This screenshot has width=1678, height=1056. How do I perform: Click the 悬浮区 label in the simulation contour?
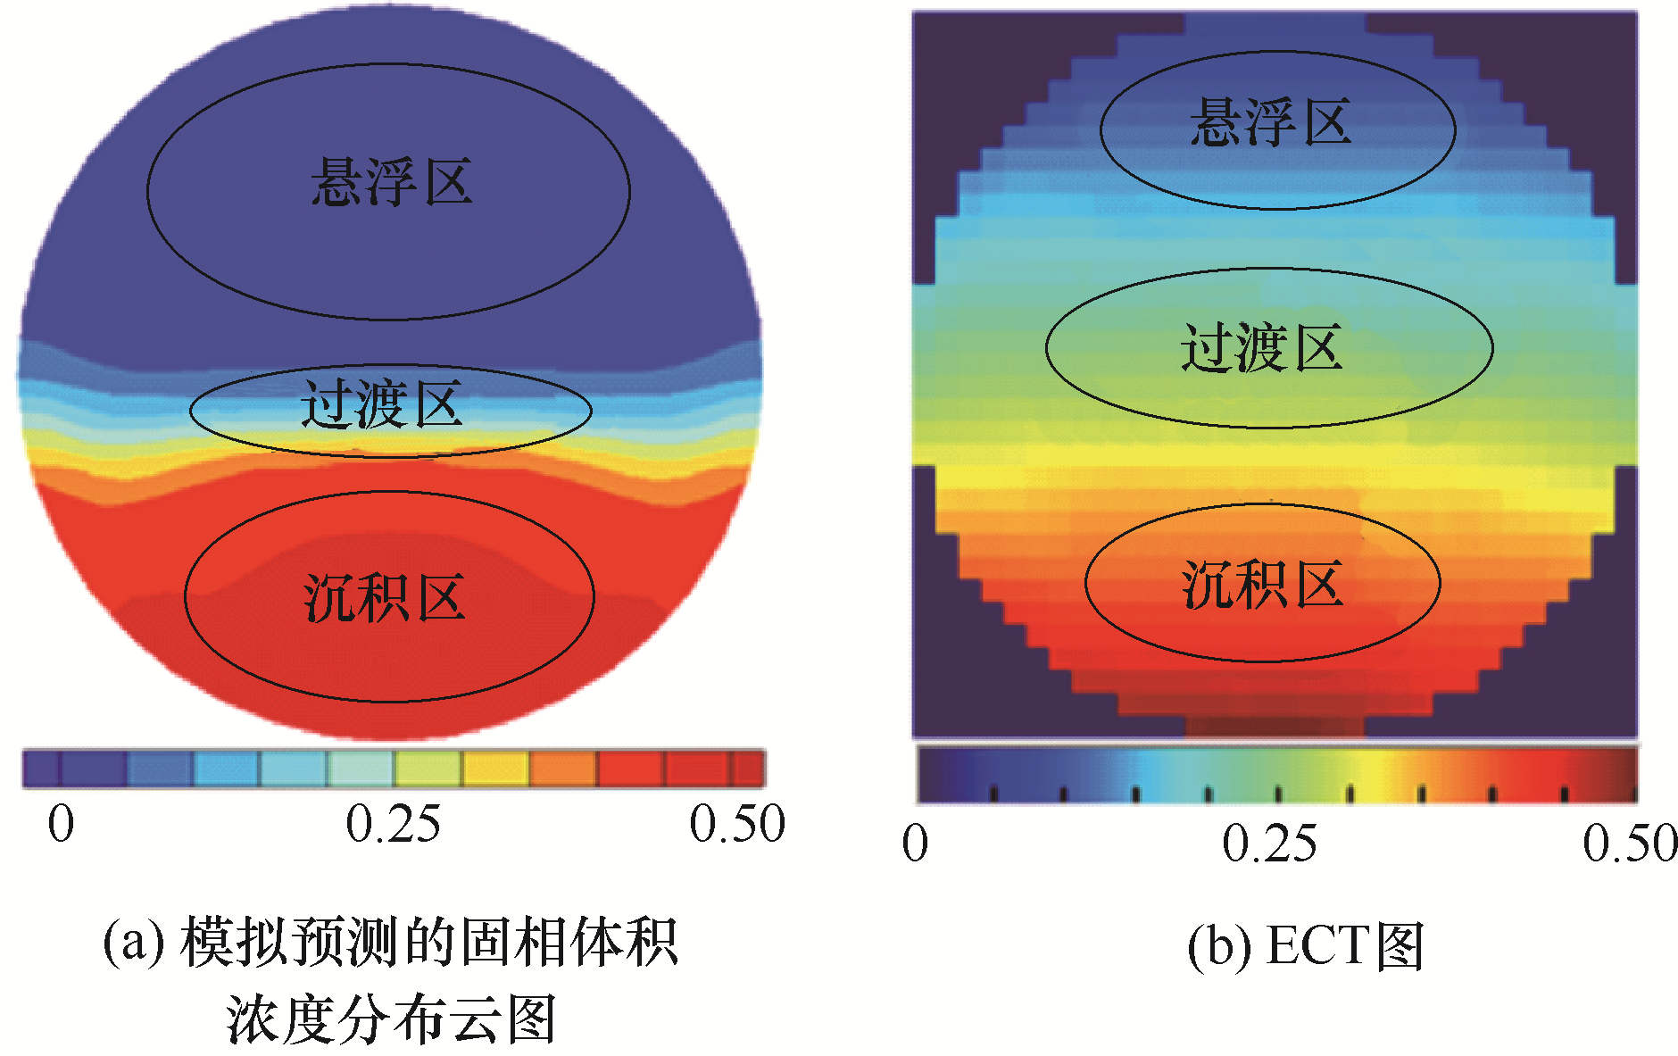click(x=391, y=183)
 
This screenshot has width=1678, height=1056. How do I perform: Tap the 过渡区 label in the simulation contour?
click(x=382, y=404)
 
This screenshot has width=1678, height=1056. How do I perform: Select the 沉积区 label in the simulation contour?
click(x=385, y=597)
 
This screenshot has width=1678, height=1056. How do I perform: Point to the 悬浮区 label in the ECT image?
click(x=1270, y=122)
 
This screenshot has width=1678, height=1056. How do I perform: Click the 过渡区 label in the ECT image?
click(x=1261, y=348)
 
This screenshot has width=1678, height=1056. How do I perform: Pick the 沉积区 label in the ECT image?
click(x=1262, y=585)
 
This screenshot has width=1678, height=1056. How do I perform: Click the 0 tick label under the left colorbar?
click(x=61, y=824)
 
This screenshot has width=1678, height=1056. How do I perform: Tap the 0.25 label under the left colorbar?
click(x=393, y=824)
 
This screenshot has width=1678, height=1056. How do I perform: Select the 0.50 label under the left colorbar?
click(x=736, y=824)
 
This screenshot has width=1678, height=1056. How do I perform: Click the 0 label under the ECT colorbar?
click(x=915, y=844)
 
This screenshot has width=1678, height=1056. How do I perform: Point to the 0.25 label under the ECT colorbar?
click(x=1268, y=844)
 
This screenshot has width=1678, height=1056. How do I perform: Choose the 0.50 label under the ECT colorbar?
click(x=1630, y=844)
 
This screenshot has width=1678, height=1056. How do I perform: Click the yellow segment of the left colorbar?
click(x=495, y=769)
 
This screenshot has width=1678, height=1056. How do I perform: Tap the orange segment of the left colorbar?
click(x=562, y=769)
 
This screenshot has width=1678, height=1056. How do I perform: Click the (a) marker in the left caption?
click(x=134, y=943)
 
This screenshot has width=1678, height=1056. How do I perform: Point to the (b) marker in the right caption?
click(x=1218, y=946)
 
